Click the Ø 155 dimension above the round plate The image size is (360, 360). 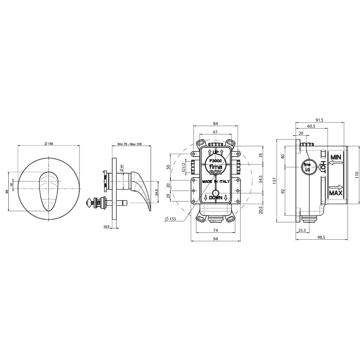click(49, 144)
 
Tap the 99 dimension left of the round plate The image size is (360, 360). click(7, 192)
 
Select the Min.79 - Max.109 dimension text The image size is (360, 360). click(130, 144)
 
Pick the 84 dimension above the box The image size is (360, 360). click(215, 124)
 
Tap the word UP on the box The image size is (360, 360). click(215, 152)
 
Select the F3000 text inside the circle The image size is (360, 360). click(215, 161)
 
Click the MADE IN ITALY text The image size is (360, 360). click(216, 181)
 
